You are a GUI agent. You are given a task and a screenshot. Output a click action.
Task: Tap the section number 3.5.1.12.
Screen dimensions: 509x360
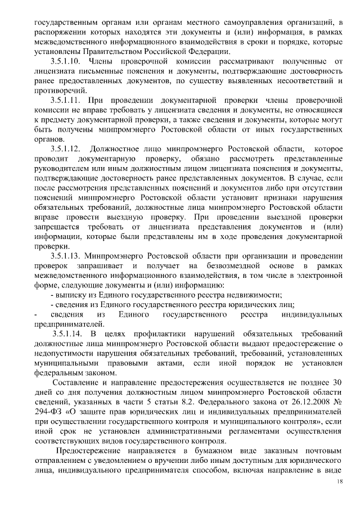click(65, 148)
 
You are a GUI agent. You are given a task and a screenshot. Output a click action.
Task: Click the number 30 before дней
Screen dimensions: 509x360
click(336, 381)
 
